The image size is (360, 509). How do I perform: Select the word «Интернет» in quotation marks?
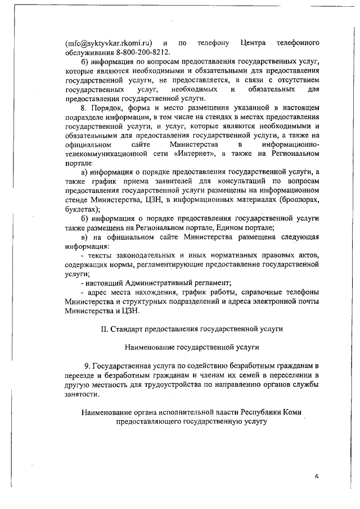point(195,153)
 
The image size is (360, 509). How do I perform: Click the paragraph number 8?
point(83,107)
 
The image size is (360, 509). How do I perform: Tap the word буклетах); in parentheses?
point(83,208)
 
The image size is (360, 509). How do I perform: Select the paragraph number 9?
point(86,366)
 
